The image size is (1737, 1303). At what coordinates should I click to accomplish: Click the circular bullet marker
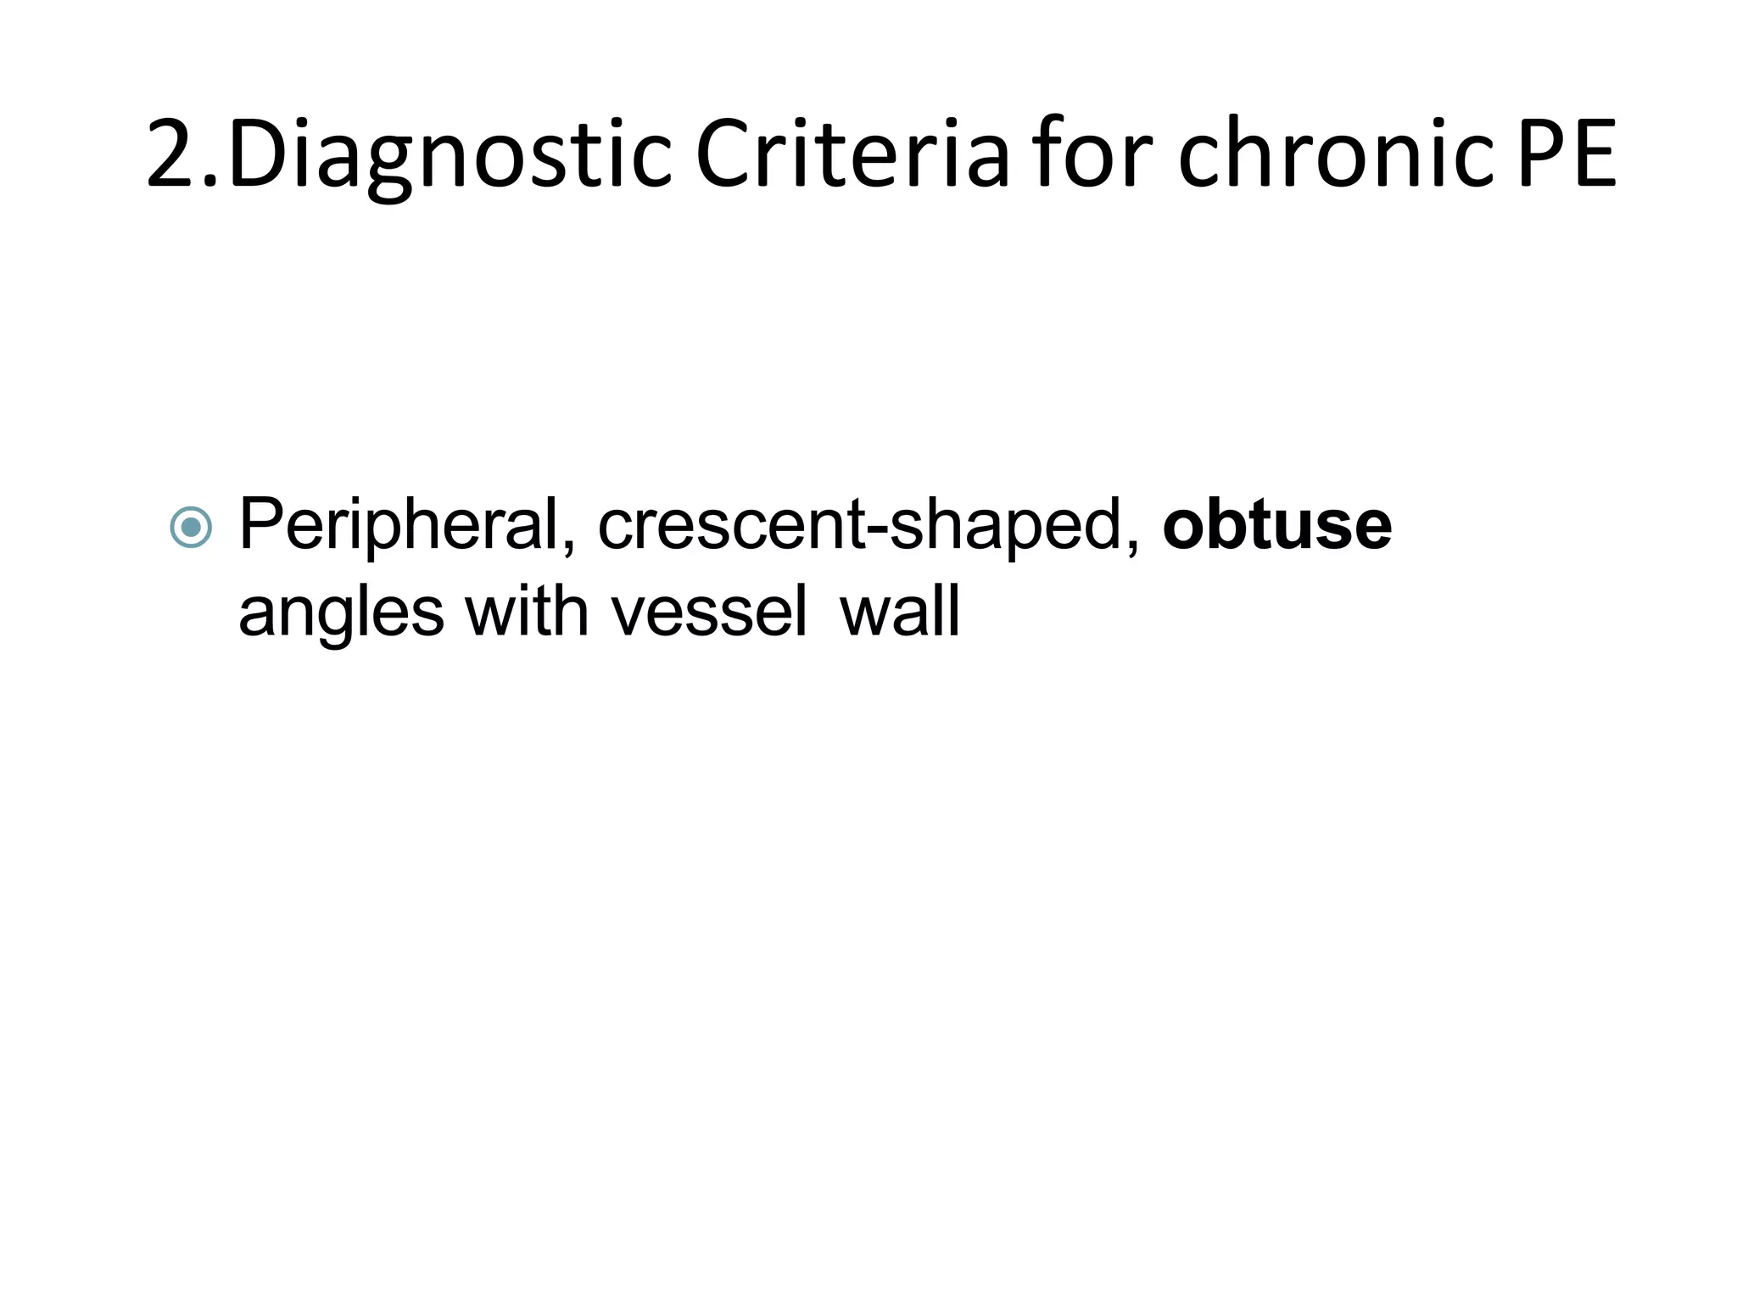click(191, 528)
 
